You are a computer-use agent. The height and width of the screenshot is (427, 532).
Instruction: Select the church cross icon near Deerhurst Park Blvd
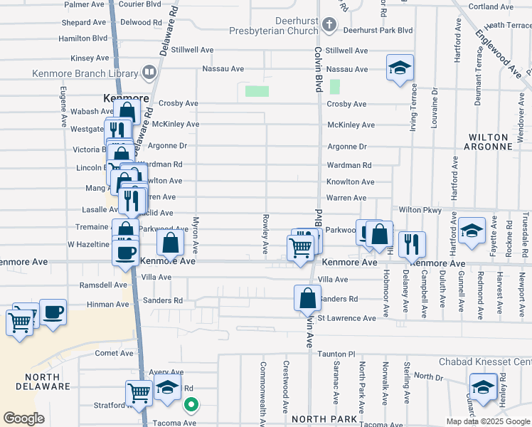[329, 25]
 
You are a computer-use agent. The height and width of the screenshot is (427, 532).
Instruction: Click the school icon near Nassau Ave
[400, 68]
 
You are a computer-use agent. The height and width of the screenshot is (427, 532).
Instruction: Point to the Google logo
[23, 418]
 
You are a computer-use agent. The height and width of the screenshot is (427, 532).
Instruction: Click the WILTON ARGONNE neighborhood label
[488, 142]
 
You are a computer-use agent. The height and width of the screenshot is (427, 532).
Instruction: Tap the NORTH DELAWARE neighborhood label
[38, 381]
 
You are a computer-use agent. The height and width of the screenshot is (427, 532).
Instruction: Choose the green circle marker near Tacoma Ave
[191, 405]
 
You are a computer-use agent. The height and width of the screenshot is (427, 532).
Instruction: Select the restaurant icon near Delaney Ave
[412, 244]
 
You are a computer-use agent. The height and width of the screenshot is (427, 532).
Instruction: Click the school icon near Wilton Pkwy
[471, 231]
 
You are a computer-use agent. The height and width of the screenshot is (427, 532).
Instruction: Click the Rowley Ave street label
[265, 235]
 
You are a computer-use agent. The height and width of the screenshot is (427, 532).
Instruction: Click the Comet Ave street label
[115, 353]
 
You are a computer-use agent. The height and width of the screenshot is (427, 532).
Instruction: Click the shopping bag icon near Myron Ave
[171, 243]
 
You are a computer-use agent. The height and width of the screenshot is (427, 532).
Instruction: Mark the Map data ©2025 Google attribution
[487, 421]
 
